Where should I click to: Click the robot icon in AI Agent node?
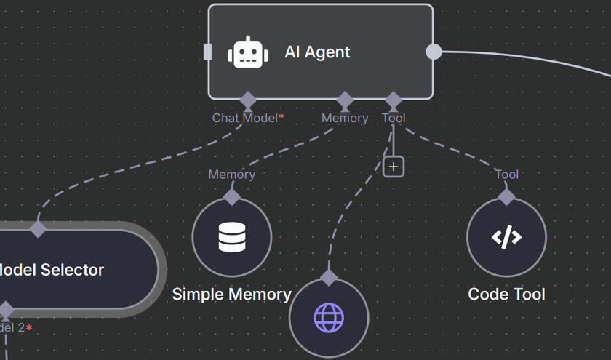coord(248,52)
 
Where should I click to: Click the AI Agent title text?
coord(317,52)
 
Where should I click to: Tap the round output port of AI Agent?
coord(433,52)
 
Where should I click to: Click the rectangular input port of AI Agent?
coord(208,52)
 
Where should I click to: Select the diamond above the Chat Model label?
coord(248,100)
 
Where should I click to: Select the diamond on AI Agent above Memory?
coord(344,100)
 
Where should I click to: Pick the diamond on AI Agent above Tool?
coord(394,100)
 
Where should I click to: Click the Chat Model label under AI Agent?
coord(245,118)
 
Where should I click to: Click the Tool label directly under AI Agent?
coord(394,118)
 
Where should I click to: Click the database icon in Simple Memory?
coord(232,237)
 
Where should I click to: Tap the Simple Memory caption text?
coord(231,295)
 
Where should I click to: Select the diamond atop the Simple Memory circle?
coord(232,196)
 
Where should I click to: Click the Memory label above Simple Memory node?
coord(232,175)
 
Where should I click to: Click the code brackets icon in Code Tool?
coord(506,237)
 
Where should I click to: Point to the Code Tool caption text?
coord(506,295)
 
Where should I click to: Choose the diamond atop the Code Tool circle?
coord(506,196)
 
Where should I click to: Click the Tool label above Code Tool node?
coord(506,175)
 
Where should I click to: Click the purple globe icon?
coord(329,318)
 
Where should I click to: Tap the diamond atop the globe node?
coord(329,277)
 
